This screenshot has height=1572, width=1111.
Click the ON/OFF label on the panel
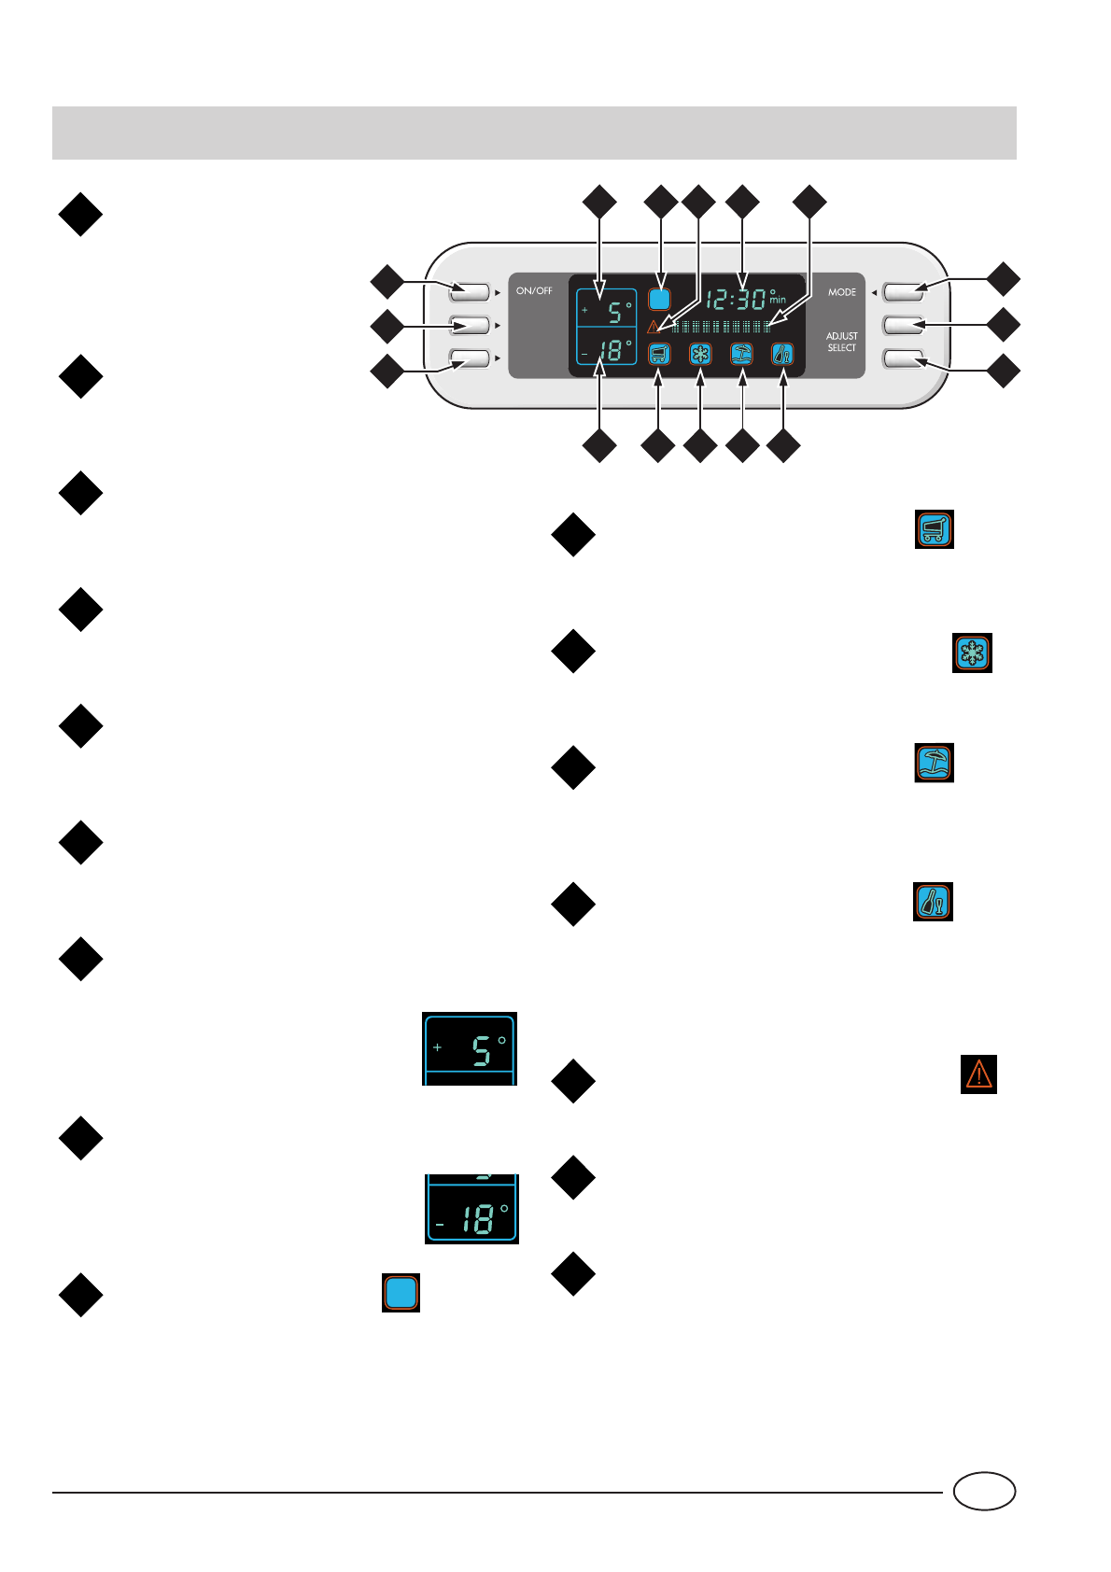point(534,291)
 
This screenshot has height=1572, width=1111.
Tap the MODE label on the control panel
point(841,292)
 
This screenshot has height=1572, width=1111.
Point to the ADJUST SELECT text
point(841,342)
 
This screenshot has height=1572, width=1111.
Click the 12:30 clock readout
point(736,300)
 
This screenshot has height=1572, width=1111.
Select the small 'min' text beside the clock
point(778,301)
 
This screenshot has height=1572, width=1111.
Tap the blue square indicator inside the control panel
point(659,300)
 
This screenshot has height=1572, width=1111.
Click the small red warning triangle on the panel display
point(654,327)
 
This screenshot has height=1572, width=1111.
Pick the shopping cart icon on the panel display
point(659,354)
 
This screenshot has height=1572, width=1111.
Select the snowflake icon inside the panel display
point(700,354)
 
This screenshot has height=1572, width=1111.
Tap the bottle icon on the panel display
point(782,354)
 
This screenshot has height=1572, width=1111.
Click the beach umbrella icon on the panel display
point(741,354)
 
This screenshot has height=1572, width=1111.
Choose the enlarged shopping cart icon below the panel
point(934,529)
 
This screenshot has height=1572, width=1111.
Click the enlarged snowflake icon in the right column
point(972,653)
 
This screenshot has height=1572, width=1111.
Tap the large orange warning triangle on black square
point(978,1074)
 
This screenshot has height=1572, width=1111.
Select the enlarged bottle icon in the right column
point(933,902)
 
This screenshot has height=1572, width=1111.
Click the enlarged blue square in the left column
point(401,1293)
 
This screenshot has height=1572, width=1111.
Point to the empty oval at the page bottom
point(984,1491)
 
